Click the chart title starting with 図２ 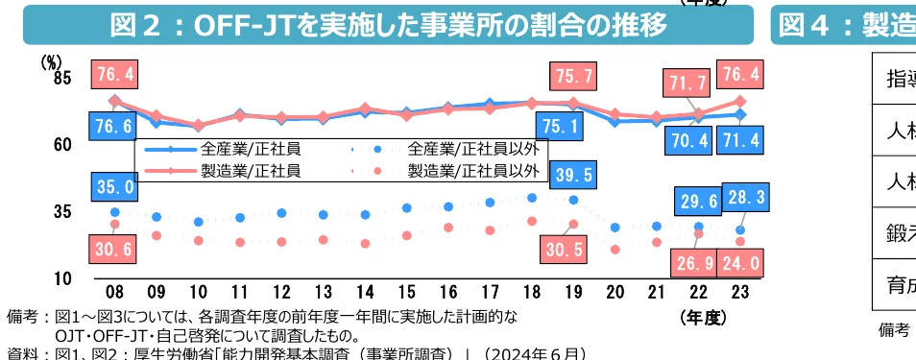(x=388, y=25)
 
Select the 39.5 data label (x=573, y=175)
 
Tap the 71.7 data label (x=688, y=84)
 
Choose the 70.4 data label (x=688, y=141)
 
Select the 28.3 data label (x=743, y=197)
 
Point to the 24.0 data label (x=740, y=262)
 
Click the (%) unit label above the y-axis (x=51, y=60)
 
